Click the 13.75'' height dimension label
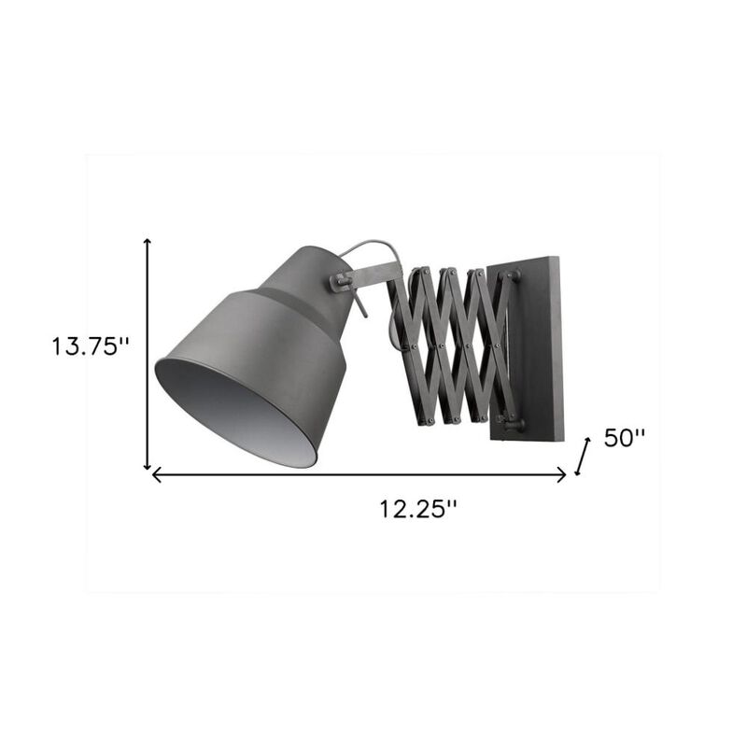[x=90, y=346]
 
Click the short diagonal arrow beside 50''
[x=585, y=457]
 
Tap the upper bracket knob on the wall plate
[x=511, y=275]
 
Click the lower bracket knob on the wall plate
[x=514, y=424]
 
